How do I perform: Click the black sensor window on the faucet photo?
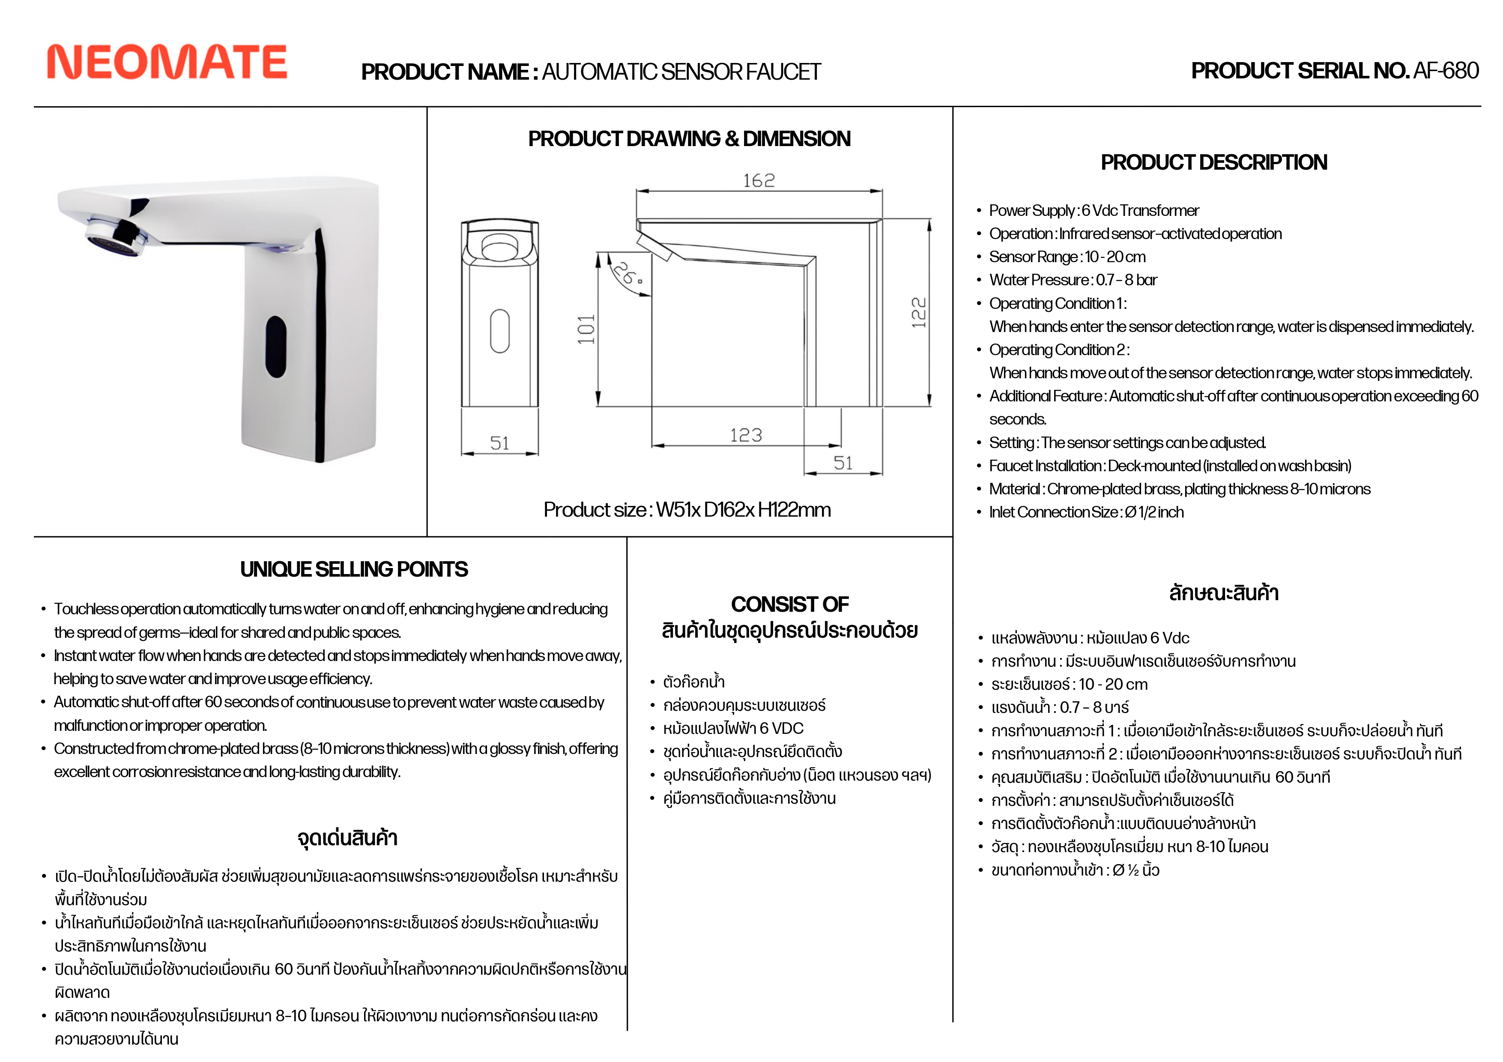point(275,347)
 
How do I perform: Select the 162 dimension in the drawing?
point(759,181)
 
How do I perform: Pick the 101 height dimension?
point(586,329)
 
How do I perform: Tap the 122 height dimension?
point(919,313)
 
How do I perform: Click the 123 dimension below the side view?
point(746,435)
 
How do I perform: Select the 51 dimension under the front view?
point(499,444)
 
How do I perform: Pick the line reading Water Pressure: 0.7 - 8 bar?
point(1073,280)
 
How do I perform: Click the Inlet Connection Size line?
point(1086,513)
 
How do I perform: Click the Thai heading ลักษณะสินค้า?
point(1223,593)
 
